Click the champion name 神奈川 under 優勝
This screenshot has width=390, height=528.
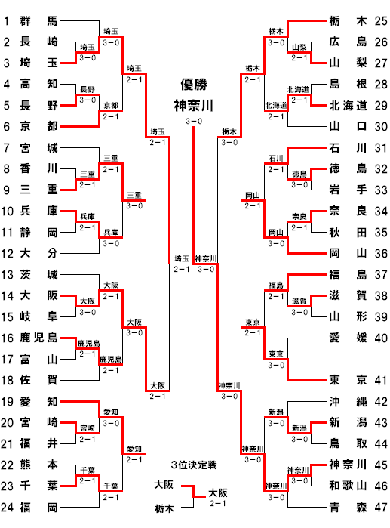pyautogui.click(x=194, y=106)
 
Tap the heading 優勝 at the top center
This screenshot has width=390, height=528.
pyautogui.click(x=194, y=84)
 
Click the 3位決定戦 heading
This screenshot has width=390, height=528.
pyautogui.click(x=194, y=465)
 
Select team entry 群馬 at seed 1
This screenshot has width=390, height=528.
pyautogui.click(x=38, y=21)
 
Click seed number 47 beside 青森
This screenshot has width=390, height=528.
pyautogui.click(x=381, y=507)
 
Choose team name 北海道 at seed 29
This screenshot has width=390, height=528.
pyautogui.click(x=348, y=106)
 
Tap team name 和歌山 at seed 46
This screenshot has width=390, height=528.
pyautogui.click(x=348, y=486)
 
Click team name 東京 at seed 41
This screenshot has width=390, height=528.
pyautogui.click(x=348, y=380)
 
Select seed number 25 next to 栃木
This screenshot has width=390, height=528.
pyautogui.click(x=381, y=21)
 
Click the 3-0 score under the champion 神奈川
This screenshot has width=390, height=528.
pyautogui.click(x=194, y=121)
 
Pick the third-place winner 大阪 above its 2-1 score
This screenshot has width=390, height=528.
pyautogui.click(x=218, y=493)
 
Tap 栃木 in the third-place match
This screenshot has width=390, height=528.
pyautogui.click(x=164, y=508)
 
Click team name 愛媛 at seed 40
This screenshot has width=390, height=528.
pyautogui.click(x=348, y=338)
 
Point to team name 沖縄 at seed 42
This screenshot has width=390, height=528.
pyautogui.click(x=348, y=401)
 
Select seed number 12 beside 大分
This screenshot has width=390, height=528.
pyautogui.click(x=7, y=253)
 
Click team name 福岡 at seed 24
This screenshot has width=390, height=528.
pyautogui.click(x=38, y=507)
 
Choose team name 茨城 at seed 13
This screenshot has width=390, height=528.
pyautogui.click(x=38, y=275)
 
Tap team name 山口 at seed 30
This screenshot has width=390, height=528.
pyautogui.click(x=348, y=126)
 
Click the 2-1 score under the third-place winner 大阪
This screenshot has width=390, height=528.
pyautogui.click(x=218, y=503)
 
